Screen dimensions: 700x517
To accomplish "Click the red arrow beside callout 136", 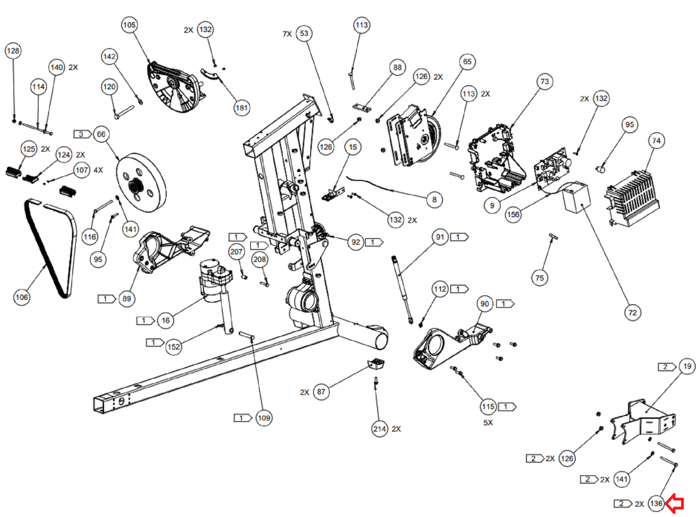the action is pyautogui.click(x=675, y=503).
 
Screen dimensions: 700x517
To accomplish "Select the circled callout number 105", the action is pyautogui.click(x=129, y=25).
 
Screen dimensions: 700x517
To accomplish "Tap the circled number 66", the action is pyautogui.click(x=101, y=134).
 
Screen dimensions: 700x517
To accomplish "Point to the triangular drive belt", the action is pyautogui.click(x=50, y=248).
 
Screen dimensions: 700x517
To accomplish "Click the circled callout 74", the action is pyautogui.click(x=656, y=141).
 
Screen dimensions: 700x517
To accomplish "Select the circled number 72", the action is pyautogui.click(x=633, y=313).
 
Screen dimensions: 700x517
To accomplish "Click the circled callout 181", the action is pyautogui.click(x=242, y=108).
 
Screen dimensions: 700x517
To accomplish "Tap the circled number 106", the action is pyautogui.click(x=22, y=297).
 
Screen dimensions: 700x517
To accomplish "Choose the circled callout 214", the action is pyautogui.click(x=379, y=429).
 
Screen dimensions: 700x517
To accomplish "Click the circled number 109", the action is pyautogui.click(x=264, y=418).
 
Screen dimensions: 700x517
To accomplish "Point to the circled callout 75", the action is pyautogui.click(x=540, y=278).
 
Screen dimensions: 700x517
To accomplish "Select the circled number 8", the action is pyautogui.click(x=434, y=200).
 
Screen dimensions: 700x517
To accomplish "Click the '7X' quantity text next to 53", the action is pyautogui.click(x=287, y=34).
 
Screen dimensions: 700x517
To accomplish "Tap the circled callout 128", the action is pyautogui.click(x=13, y=51).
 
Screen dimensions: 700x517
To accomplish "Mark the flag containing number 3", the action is pyautogui.click(x=82, y=134).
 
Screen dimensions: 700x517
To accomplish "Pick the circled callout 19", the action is pyautogui.click(x=687, y=366).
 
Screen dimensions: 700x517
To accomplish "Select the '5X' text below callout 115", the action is pyautogui.click(x=488, y=422).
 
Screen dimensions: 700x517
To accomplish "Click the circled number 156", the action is pyautogui.click(x=513, y=215).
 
